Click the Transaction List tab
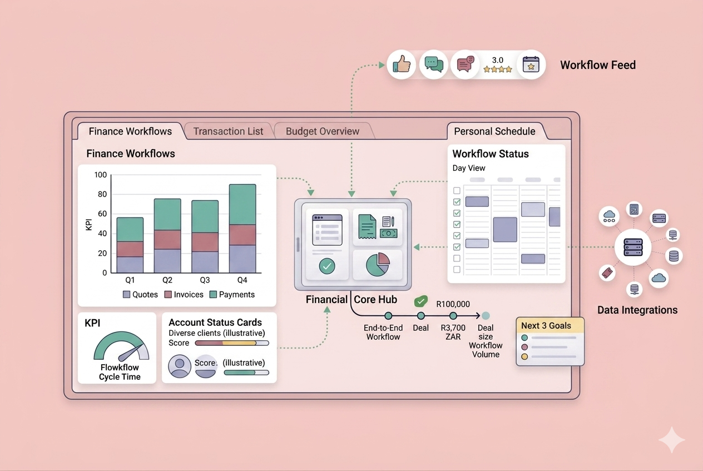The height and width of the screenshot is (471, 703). coord(228,131)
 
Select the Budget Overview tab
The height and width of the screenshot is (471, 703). coord(322,131)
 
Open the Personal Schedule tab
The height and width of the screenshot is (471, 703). coord(494,131)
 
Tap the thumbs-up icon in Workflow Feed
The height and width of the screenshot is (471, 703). coord(401,65)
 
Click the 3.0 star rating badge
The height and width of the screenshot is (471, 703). coord(497,65)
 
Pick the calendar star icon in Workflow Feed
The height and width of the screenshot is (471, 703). coord(531,65)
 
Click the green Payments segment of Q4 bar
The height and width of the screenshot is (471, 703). coord(242,204)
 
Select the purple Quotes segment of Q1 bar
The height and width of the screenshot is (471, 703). coord(130,264)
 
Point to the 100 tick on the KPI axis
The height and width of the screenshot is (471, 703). coord(100,175)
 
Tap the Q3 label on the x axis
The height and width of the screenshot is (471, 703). coord(205,280)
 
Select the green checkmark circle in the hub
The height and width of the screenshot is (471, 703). coord(327,267)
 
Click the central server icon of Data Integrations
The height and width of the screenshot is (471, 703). coord(633,246)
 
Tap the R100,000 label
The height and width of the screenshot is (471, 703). coord(453,304)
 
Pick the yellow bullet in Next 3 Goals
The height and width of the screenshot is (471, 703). coord(524,356)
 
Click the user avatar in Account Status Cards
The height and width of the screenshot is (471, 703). coord(180,366)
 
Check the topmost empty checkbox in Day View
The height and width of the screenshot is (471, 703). coord(457,191)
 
